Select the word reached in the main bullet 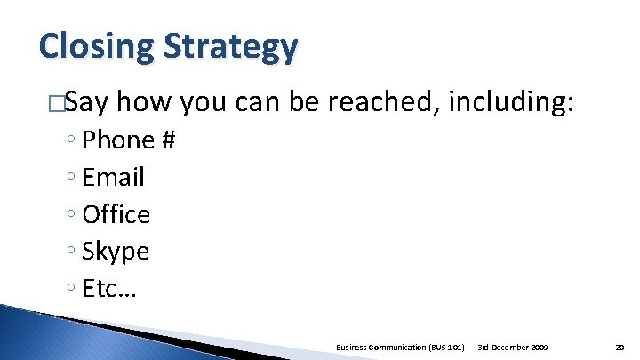coord(383,104)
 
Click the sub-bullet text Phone coord(118,140)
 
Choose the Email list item coord(113,177)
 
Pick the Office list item coord(116,214)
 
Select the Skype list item coord(116,252)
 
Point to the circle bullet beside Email coord(70,178)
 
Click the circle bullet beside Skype coord(70,252)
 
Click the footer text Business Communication coord(381,346)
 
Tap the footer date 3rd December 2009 coord(513,346)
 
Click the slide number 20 coord(620,346)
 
